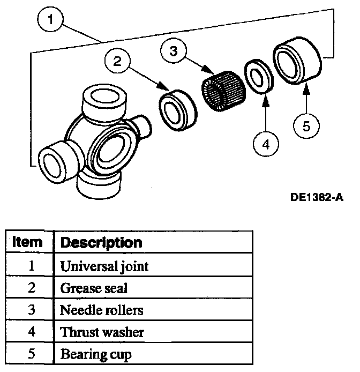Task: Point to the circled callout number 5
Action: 307,127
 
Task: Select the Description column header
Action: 101,242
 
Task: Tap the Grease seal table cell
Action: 94,288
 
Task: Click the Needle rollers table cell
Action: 102,310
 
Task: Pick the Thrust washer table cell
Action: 102,332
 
